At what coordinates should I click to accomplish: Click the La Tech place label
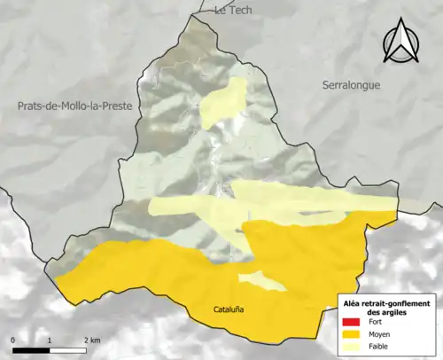234,10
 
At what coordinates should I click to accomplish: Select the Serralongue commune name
351,82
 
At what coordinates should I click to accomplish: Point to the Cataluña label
229,309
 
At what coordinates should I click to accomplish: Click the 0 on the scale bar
13,340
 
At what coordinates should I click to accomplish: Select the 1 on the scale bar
50,340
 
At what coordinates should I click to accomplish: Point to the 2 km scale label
91,340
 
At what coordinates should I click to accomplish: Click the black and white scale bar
50,349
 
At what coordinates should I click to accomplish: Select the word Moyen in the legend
379,335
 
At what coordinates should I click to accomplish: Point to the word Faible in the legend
378,347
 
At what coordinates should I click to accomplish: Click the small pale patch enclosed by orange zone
262,281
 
